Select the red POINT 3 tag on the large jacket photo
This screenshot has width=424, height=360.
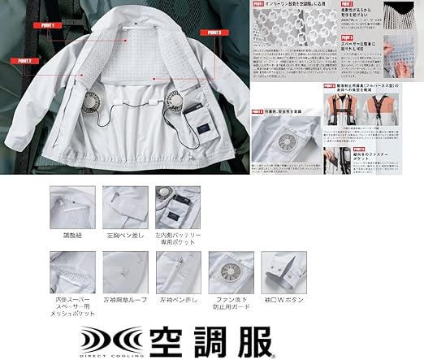[x=213, y=32]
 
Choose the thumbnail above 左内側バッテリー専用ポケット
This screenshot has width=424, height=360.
[x=177, y=206]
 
